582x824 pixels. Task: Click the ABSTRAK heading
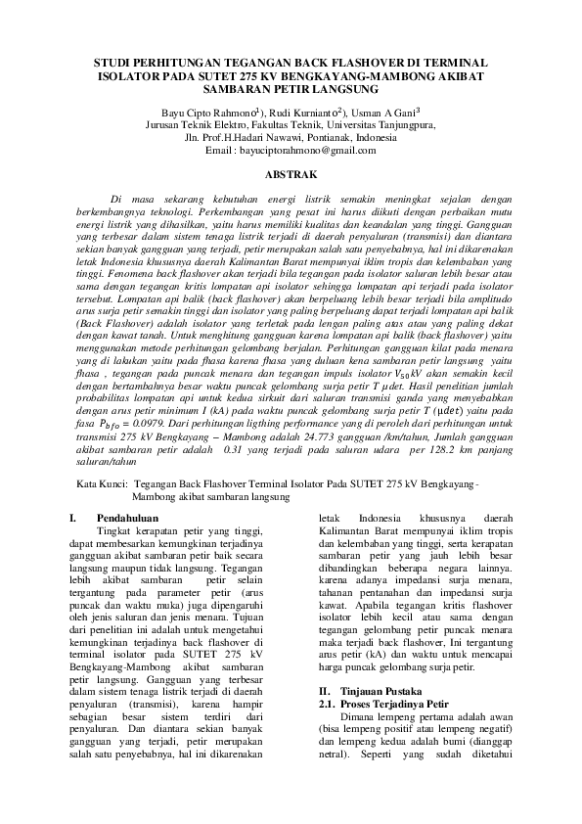[x=291, y=173]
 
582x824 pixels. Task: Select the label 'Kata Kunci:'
[x=102, y=484]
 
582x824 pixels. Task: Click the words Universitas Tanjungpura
[x=381, y=125]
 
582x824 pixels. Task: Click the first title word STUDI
[x=112, y=62]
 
